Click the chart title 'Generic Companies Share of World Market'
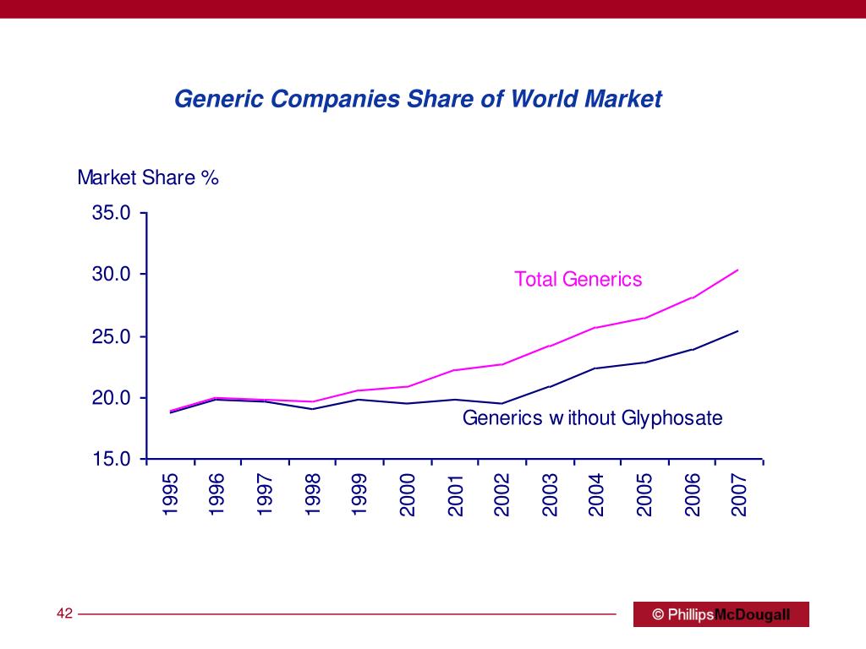[418, 99]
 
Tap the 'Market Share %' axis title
[148, 178]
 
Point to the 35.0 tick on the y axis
[112, 213]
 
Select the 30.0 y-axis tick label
[112, 275]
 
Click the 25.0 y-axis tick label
[112, 337]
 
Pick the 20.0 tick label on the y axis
[112, 398]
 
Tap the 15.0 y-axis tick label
[112, 460]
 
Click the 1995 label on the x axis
[171, 494]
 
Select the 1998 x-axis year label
[313, 494]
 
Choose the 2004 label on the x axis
[597, 494]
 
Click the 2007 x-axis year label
[739, 494]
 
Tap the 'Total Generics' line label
[578, 280]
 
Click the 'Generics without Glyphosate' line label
[592, 417]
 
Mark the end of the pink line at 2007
[738, 270]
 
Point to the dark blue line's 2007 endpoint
[738, 330]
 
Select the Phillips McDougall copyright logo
[721, 614]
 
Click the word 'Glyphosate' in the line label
[672, 417]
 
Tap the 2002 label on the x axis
[502, 494]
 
